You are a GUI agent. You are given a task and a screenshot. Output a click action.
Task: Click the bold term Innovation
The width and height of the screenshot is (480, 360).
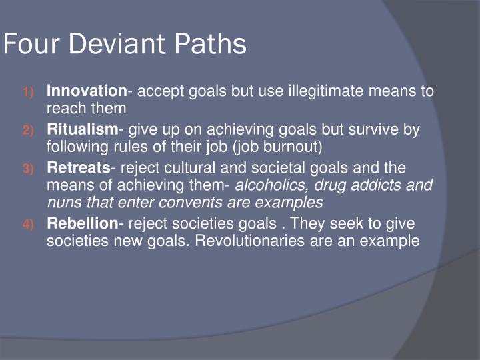coord(86,91)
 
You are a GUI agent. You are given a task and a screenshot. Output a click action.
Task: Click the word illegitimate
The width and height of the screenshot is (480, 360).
coord(324,91)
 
